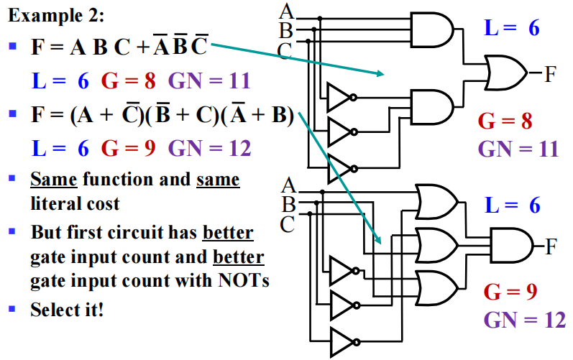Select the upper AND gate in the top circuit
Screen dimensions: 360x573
(434, 29)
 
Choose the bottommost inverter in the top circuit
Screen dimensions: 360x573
(340, 167)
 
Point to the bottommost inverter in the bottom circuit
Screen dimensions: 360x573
(343, 340)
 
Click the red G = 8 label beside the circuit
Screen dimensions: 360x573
(507, 121)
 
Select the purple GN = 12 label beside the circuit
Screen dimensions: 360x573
(524, 319)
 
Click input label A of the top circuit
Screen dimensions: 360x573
(286, 11)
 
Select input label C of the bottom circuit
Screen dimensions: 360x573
(287, 224)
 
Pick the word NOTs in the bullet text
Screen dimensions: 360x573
(244, 280)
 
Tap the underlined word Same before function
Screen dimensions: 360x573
(54, 179)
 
